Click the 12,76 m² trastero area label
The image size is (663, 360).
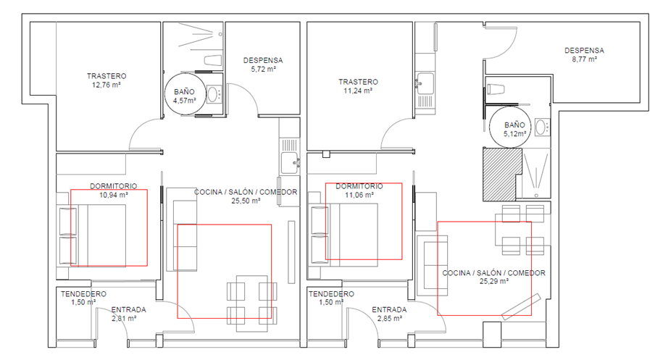click(106, 85)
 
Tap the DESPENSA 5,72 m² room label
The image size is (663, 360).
click(263, 64)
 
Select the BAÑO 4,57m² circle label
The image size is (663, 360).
click(184, 96)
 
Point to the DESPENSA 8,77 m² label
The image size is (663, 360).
click(584, 55)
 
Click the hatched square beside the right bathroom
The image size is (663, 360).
click(501, 174)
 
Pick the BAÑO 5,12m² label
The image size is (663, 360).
click(514, 129)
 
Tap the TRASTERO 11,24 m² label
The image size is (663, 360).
click(358, 86)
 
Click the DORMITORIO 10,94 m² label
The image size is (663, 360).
click(113, 191)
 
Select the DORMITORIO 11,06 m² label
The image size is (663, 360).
click(359, 191)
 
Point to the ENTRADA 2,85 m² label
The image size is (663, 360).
click(389, 314)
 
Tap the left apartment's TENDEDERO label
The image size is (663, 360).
click(83, 294)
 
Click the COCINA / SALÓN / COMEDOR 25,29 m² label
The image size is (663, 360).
click(494, 277)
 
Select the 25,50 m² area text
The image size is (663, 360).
click(246, 201)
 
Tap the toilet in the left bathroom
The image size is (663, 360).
click(213, 60)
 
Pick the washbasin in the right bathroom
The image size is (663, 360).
click(541, 127)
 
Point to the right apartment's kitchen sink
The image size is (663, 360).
click(425, 83)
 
